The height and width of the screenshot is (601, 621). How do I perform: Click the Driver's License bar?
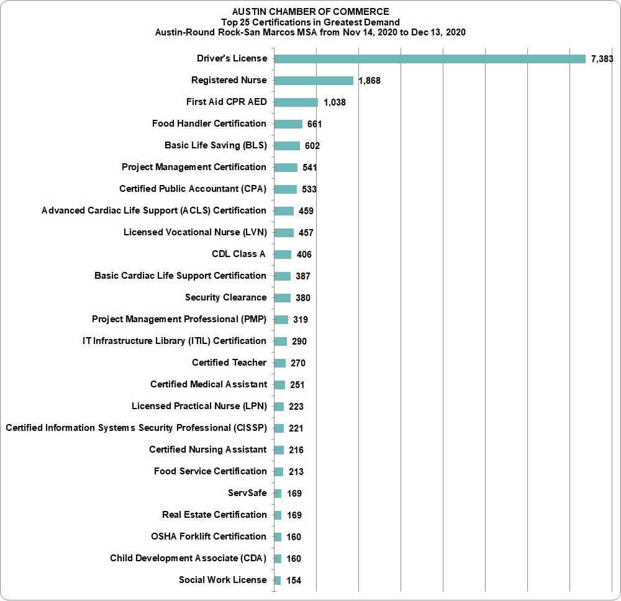(x=430, y=59)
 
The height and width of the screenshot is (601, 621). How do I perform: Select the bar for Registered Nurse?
(x=314, y=81)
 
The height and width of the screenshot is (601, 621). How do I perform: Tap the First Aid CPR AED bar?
(x=296, y=102)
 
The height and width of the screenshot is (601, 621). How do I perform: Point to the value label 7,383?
(x=602, y=59)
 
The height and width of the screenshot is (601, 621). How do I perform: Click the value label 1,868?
(x=369, y=81)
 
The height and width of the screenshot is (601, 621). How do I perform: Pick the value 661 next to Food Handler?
(x=314, y=124)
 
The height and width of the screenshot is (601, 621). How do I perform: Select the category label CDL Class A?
(x=238, y=254)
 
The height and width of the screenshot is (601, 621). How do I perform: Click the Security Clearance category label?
(x=226, y=297)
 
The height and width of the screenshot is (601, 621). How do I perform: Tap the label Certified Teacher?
(x=229, y=362)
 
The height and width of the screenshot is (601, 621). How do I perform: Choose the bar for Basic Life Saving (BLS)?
(x=287, y=146)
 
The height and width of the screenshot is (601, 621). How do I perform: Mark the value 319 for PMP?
(x=300, y=320)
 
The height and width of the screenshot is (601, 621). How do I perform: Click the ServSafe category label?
(x=247, y=493)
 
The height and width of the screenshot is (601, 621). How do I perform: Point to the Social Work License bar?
(x=277, y=580)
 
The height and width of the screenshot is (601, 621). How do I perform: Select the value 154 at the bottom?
(x=294, y=581)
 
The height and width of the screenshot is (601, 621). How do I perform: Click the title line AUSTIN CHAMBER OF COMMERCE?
(x=310, y=12)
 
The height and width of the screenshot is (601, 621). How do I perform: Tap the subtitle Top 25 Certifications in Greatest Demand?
(x=310, y=22)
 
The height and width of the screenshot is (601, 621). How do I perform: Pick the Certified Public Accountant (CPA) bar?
(x=286, y=189)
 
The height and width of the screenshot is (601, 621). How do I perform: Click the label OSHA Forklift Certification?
(x=208, y=536)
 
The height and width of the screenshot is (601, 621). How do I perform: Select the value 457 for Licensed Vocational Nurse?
(x=306, y=233)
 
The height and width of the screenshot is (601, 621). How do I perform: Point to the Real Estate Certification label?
(x=214, y=515)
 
